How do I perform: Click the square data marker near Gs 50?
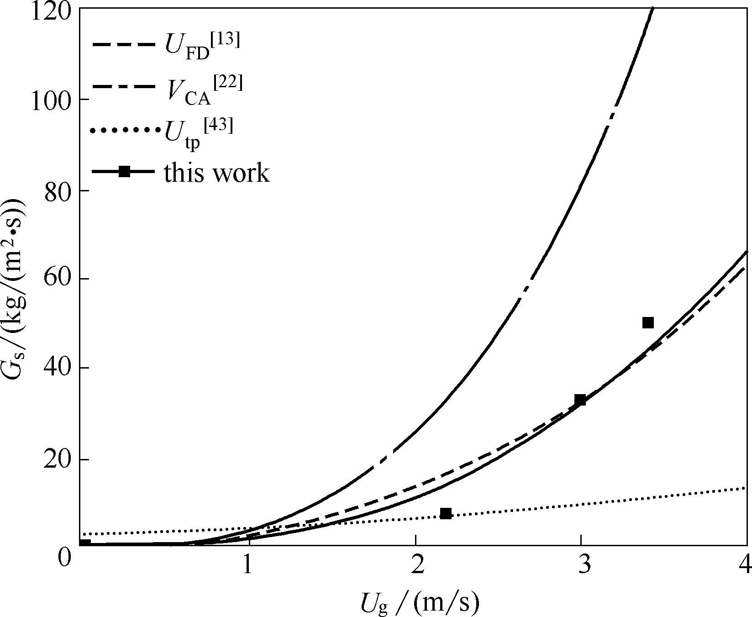coord(648,323)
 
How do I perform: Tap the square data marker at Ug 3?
coord(580,400)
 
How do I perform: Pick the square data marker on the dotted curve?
coord(446,513)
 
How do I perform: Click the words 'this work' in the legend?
coord(217,173)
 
